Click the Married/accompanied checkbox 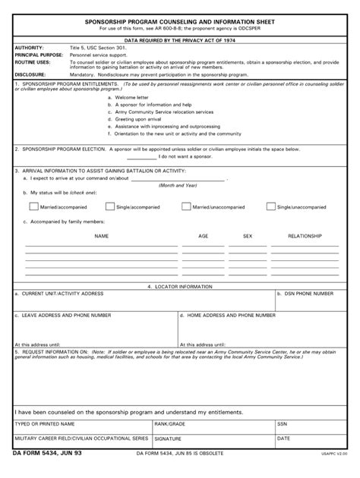[33, 206]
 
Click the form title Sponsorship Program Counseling [180, 23]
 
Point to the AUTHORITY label [30, 47]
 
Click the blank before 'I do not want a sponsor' [141, 157]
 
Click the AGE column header [204, 236]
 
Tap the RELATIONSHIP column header [305, 236]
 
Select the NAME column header [101, 236]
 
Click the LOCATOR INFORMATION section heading [180, 287]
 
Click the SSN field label [283, 423]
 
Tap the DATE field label [284, 439]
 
